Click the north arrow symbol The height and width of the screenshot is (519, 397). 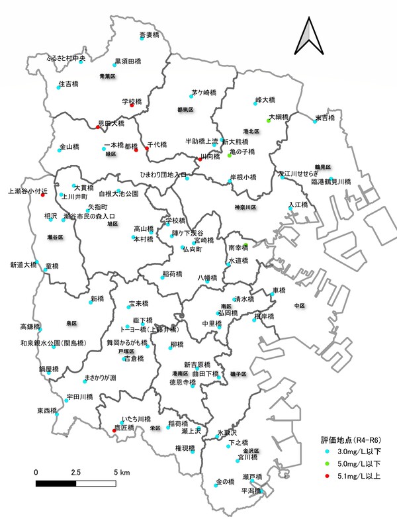pos(310,38)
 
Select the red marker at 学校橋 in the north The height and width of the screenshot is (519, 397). pos(132,106)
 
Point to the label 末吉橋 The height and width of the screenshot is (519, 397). pos(324,117)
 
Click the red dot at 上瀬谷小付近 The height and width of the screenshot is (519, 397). pos(42,195)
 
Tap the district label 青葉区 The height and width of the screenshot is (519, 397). pos(107,77)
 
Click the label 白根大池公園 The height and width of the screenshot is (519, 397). pos(118,194)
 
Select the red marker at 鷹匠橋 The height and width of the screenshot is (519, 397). pos(115,430)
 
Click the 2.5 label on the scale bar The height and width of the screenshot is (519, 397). pos(75,472)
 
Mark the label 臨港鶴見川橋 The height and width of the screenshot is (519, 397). pos(331,181)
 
